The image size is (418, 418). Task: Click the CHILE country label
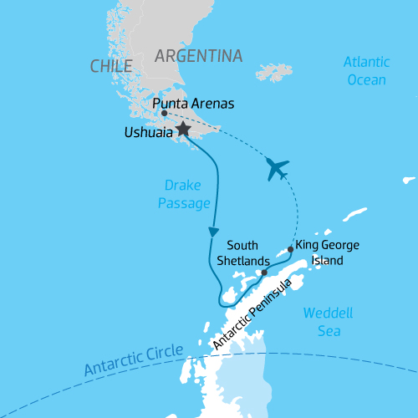112,66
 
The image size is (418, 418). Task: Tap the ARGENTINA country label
199,56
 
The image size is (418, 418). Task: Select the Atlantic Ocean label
367,71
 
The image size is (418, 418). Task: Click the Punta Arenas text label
194,104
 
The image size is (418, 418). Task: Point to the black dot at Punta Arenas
164,113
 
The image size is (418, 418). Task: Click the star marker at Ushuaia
182,129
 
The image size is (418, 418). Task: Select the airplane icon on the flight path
277,168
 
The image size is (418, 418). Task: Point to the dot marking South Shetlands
263,273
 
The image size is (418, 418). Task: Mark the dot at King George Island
290,248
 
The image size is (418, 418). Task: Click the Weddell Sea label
328,322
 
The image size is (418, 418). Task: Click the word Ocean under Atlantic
367,80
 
